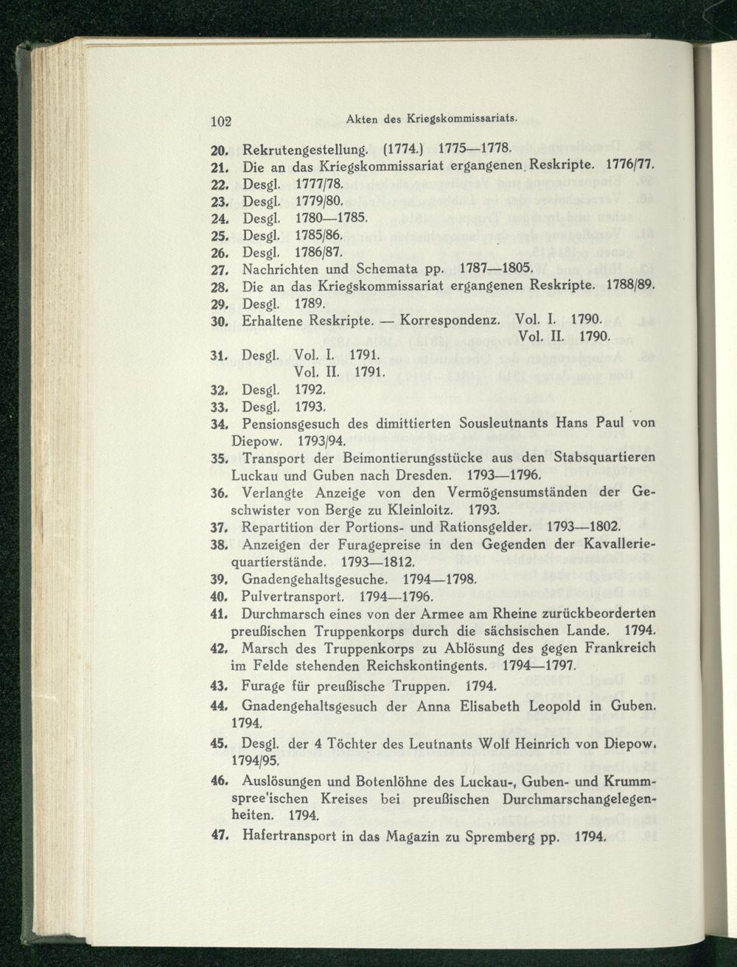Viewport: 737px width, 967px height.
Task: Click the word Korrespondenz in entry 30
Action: (x=444, y=321)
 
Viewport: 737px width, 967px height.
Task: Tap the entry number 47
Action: (x=217, y=837)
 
